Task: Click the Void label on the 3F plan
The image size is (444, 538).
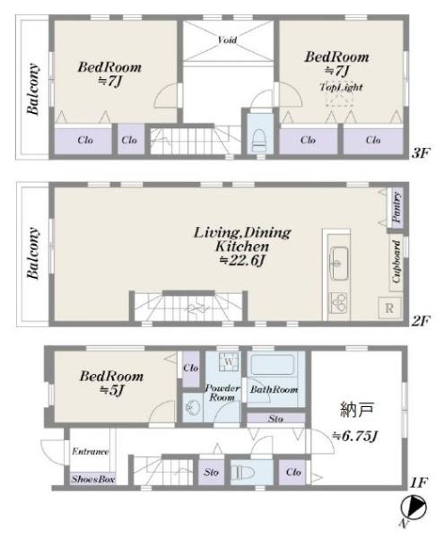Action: point(227,40)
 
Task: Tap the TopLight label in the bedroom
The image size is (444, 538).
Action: point(341,87)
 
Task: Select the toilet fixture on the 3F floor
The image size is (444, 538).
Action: point(259,141)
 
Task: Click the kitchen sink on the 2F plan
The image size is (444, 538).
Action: point(338,264)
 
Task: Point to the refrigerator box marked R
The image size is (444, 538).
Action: point(389,308)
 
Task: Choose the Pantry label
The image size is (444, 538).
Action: point(396,208)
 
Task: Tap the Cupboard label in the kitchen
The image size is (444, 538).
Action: point(396,262)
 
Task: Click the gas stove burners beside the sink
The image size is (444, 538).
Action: point(338,302)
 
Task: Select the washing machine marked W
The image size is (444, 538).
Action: point(229,361)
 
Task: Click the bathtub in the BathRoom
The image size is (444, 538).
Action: point(273,365)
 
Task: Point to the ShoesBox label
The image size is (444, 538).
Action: point(92,479)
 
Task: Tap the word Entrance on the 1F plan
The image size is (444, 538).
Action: point(91,451)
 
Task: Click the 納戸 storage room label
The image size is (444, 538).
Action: point(357,410)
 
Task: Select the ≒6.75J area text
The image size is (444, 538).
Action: point(355,437)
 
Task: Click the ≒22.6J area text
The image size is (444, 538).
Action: point(242,261)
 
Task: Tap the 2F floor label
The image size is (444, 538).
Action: point(421,321)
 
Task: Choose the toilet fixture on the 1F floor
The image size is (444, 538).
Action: point(243,473)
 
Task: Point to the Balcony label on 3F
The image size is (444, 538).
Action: point(33,89)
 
